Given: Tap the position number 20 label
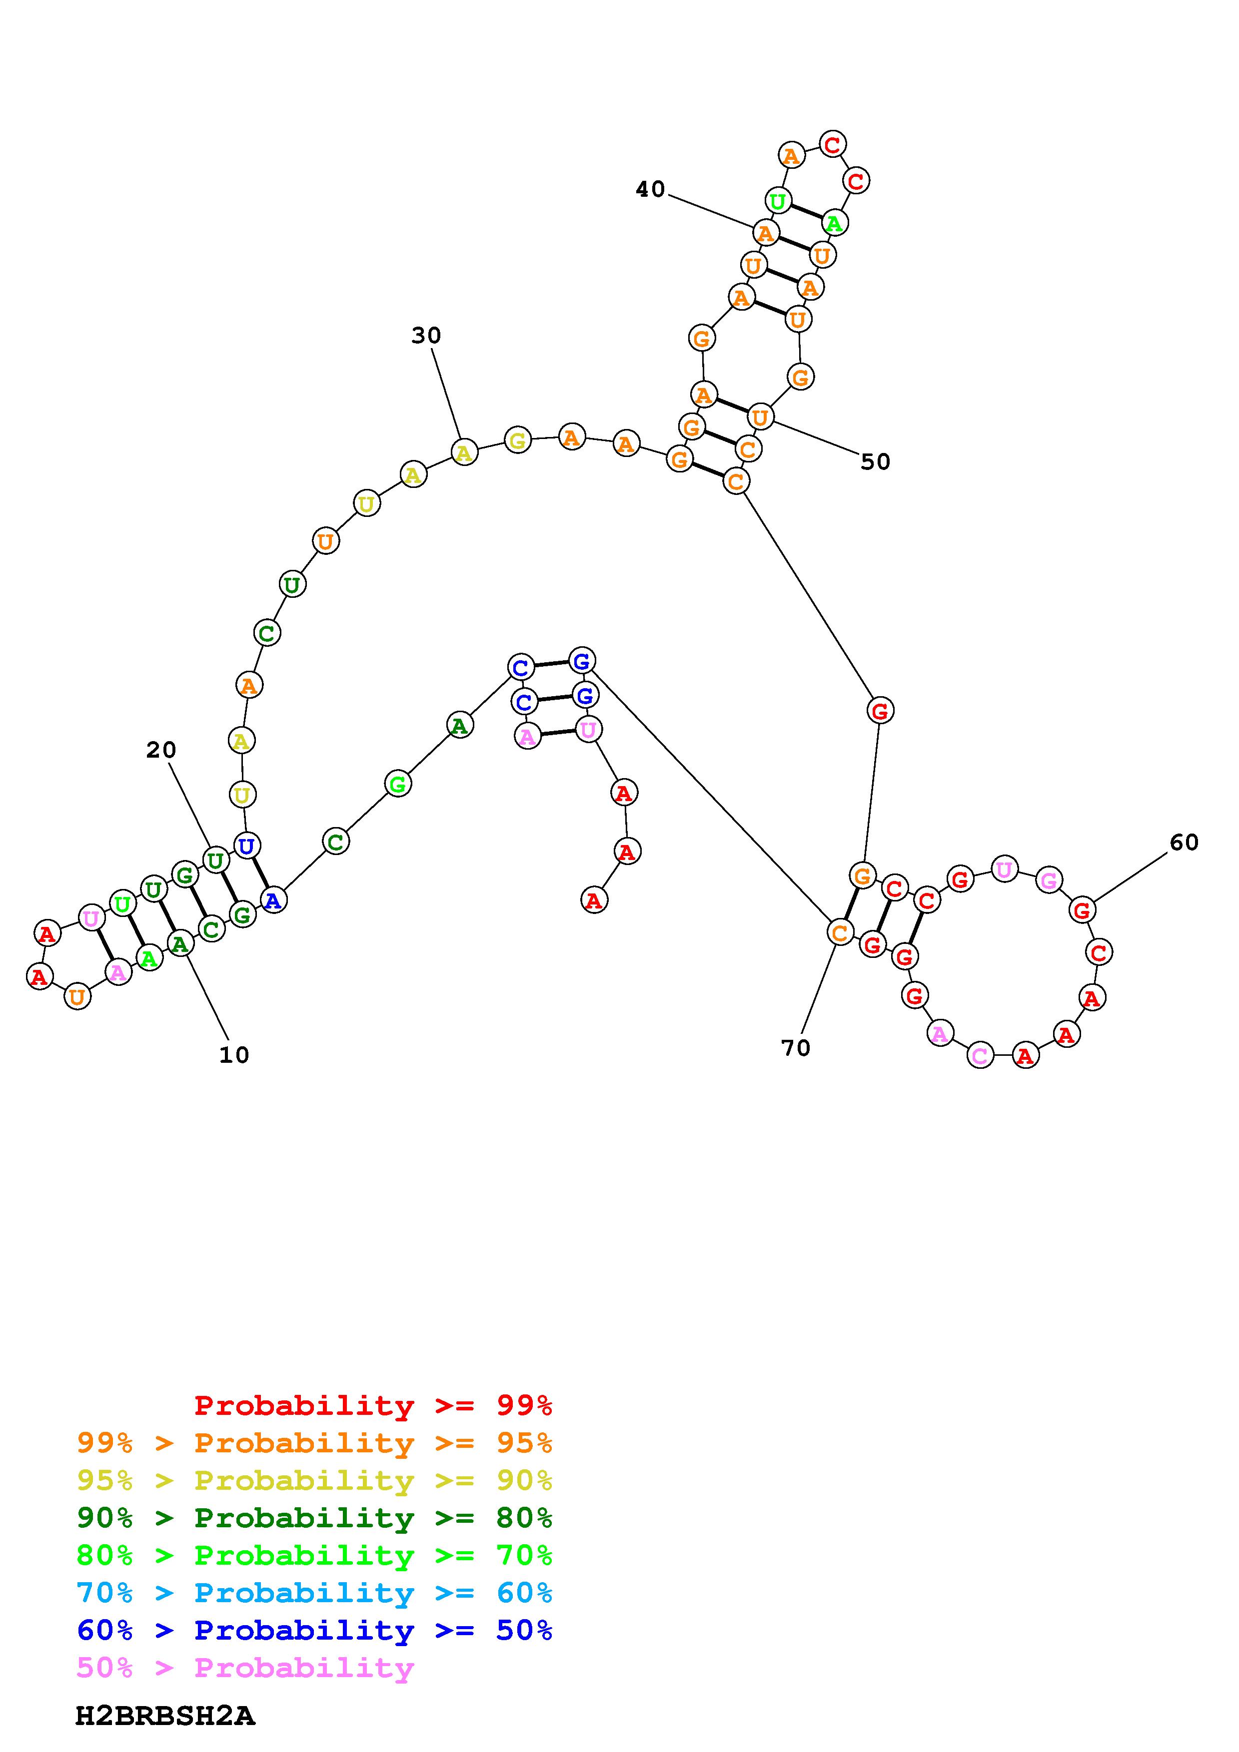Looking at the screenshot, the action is pos(161,751).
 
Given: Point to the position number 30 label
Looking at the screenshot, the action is pos(426,336).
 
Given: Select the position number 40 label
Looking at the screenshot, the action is pos(650,189).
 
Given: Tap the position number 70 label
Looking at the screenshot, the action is pos(796,1048).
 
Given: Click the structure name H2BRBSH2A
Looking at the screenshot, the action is pos(165,1716).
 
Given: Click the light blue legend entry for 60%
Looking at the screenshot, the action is pos(314,1593).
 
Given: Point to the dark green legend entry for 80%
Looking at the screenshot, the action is pos(314,1518).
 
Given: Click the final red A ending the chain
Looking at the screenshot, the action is pos(594,900).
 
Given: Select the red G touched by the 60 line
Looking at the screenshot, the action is pos(1082,909).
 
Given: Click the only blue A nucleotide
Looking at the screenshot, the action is pos(272,900).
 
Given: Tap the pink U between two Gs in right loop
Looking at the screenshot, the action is pos(1005,869).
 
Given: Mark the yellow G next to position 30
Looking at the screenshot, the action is pos(518,440).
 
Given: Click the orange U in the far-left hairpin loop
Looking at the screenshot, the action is pos(76,996).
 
